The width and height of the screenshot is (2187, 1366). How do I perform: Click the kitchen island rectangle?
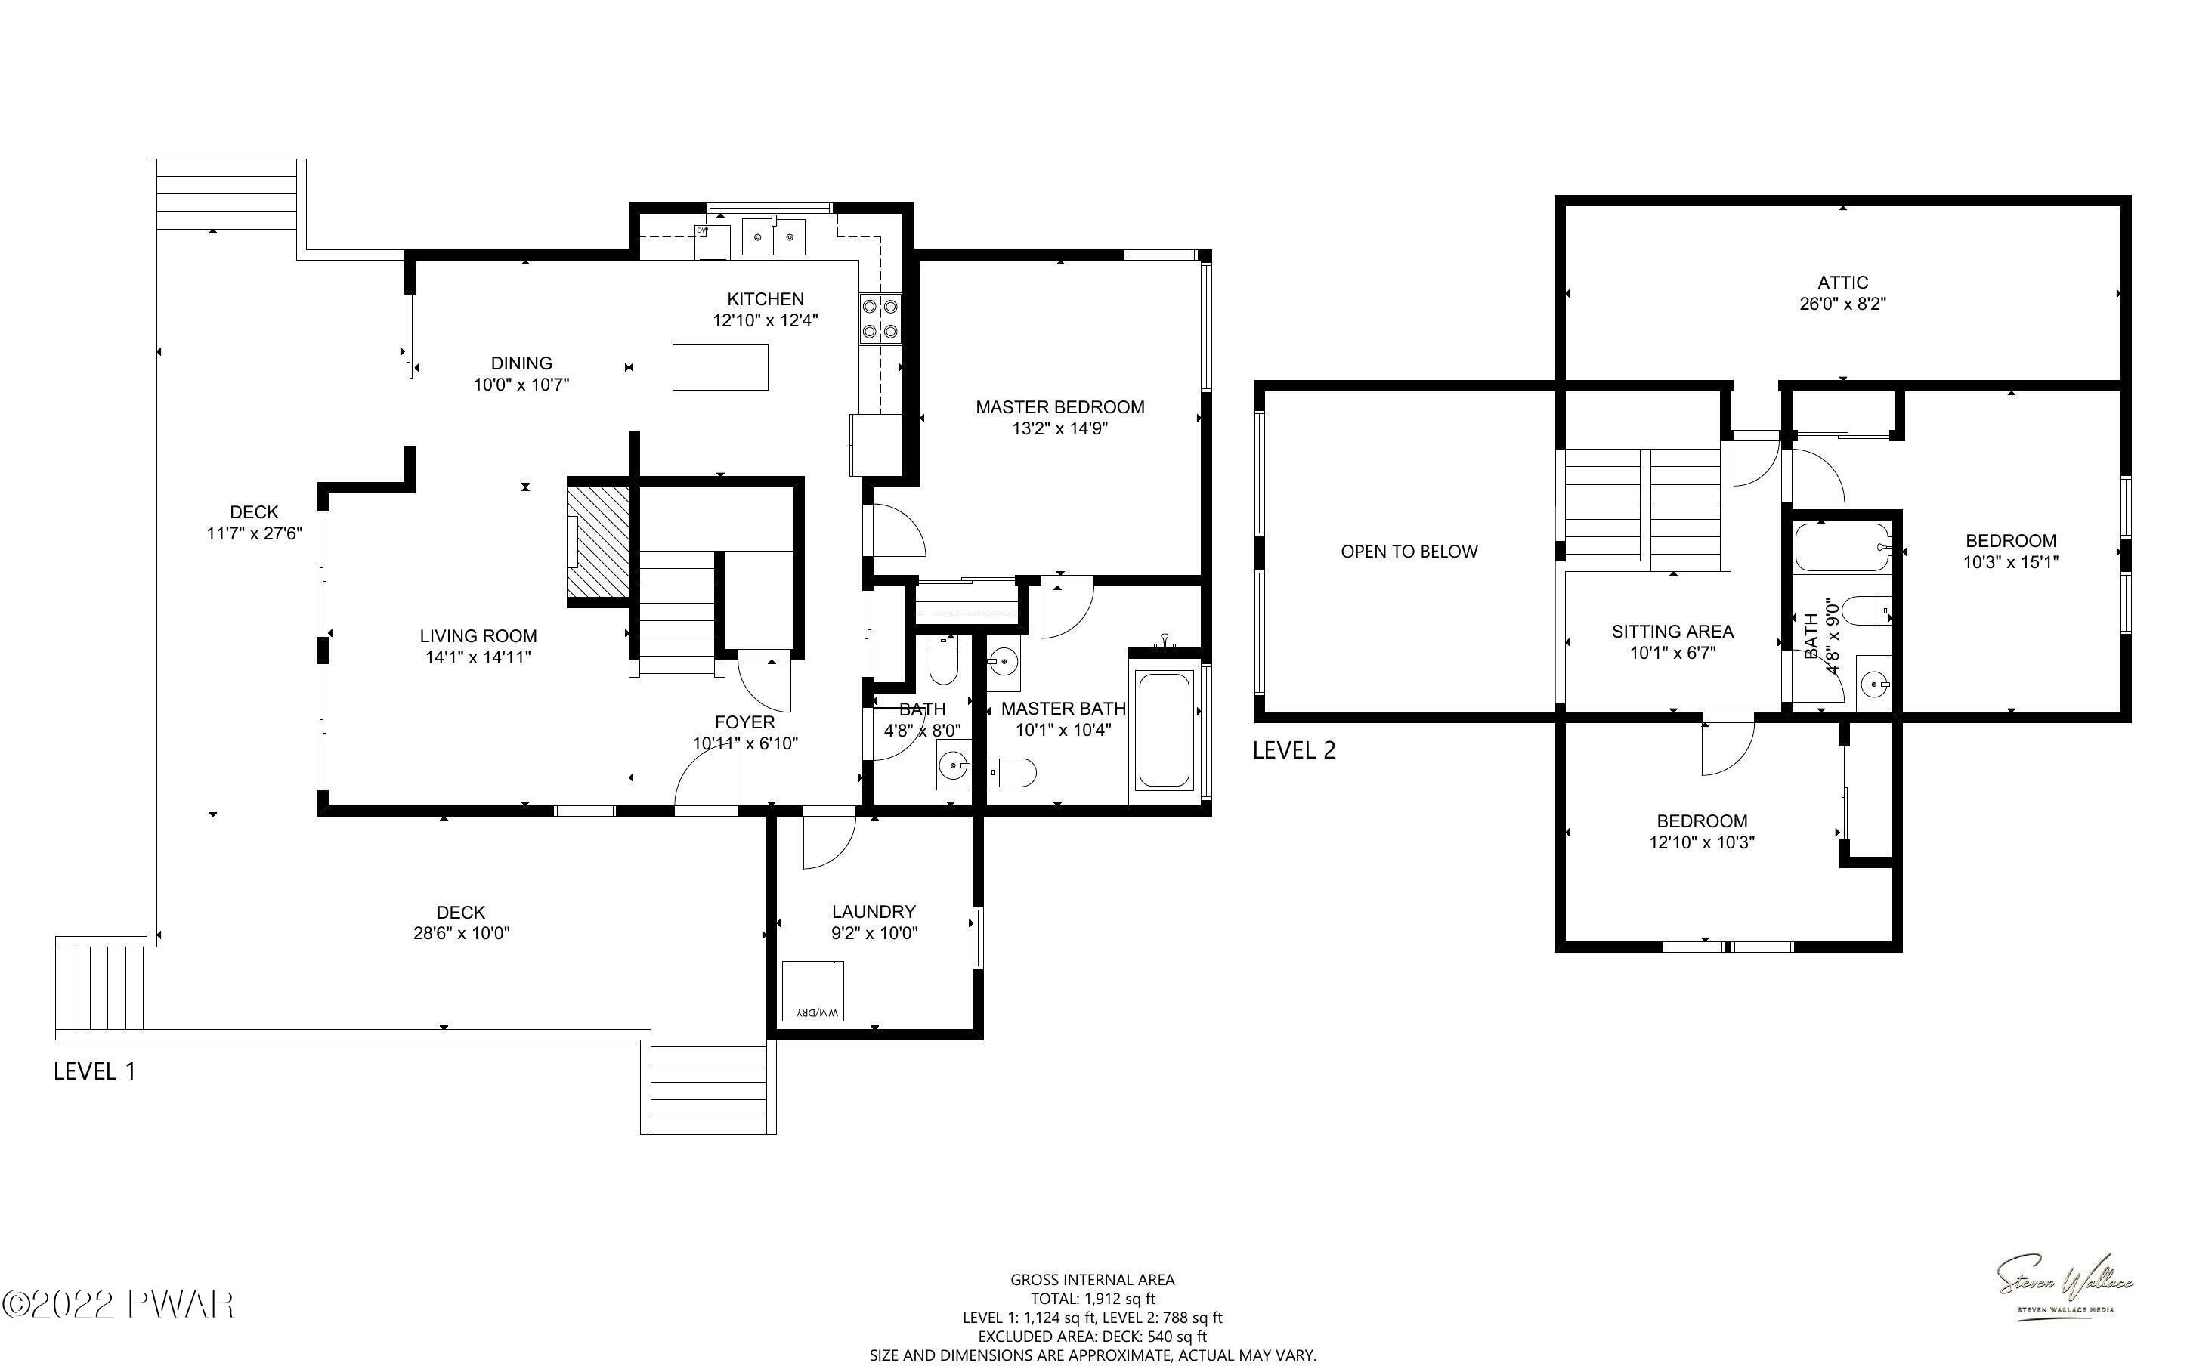click(x=720, y=366)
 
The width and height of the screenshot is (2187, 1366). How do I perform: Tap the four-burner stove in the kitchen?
click(x=880, y=319)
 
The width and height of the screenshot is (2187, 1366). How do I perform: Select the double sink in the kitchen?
click(x=773, y=237)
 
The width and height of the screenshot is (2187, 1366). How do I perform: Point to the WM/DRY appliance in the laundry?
click(x=812, y=991)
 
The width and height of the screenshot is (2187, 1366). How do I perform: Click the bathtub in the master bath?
click(x=1164, y=730)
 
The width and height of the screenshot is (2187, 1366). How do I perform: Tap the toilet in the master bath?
click(x=1012, y=774)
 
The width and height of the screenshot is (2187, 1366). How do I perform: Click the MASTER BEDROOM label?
click(x=1059, y=407)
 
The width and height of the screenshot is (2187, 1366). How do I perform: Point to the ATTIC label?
click(x=1843, y=283)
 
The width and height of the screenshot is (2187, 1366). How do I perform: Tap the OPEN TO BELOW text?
click(x=1409, y=551)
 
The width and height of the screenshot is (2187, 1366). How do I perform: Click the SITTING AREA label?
click(x=1672, y=632)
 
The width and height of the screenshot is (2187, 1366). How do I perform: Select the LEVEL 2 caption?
click(x=1294, y=749)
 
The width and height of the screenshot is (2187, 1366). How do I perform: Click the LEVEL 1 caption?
click(x=95, y=1071)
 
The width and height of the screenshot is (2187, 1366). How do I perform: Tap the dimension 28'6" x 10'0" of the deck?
click(x=462, y=933)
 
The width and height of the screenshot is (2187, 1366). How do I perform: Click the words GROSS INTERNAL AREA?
click(x=1092, y=1279)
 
